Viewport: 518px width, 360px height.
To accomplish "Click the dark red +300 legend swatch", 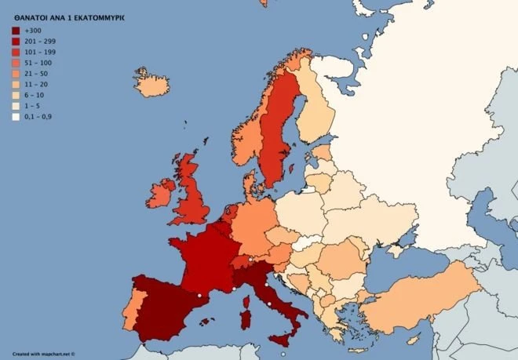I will click(x=16, y=31).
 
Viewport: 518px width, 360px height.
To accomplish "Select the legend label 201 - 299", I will click(x=38, y=41).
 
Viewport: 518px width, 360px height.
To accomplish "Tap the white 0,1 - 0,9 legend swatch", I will click(x=16, y=117).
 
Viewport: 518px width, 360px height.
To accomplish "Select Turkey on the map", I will click(x=424, y=302).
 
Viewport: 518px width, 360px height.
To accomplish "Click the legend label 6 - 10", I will click(x=35, y=95).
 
